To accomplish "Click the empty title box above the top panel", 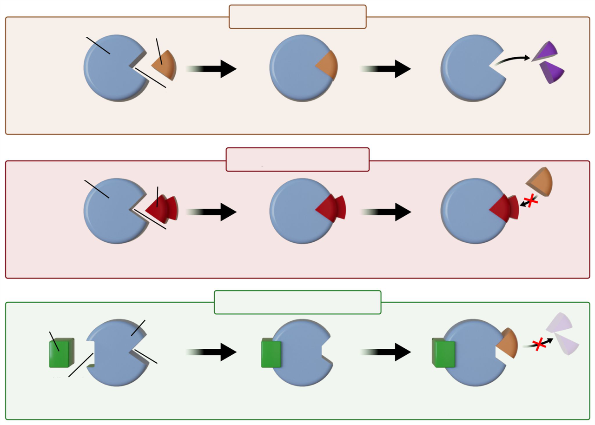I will [297, 17].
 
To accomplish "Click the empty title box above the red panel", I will [297, 159].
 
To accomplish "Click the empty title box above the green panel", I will [297, 302].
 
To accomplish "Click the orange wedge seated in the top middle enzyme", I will [327, 65].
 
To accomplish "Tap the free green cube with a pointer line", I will [60, 354].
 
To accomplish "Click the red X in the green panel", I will [539, 345].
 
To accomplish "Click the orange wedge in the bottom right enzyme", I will [507, 344].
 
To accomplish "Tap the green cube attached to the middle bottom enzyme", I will [271, 354].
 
